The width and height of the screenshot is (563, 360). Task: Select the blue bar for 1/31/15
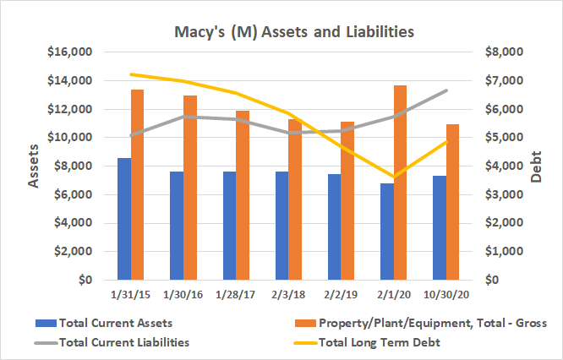(124, 219)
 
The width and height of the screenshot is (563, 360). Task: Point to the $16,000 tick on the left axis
(72, 52)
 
